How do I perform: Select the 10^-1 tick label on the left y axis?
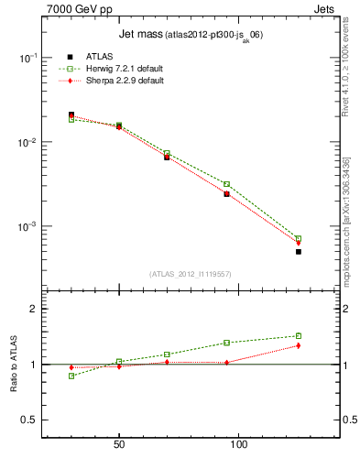point(28,58)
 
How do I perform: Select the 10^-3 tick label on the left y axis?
point(28,226)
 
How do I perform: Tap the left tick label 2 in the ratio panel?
point(34,310)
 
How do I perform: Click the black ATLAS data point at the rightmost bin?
point(299,251)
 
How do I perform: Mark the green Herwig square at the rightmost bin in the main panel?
point(299,238)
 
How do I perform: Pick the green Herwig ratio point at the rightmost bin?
point(299,335)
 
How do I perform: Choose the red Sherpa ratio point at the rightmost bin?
point(299,345)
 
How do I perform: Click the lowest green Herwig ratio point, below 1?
point(71,376)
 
